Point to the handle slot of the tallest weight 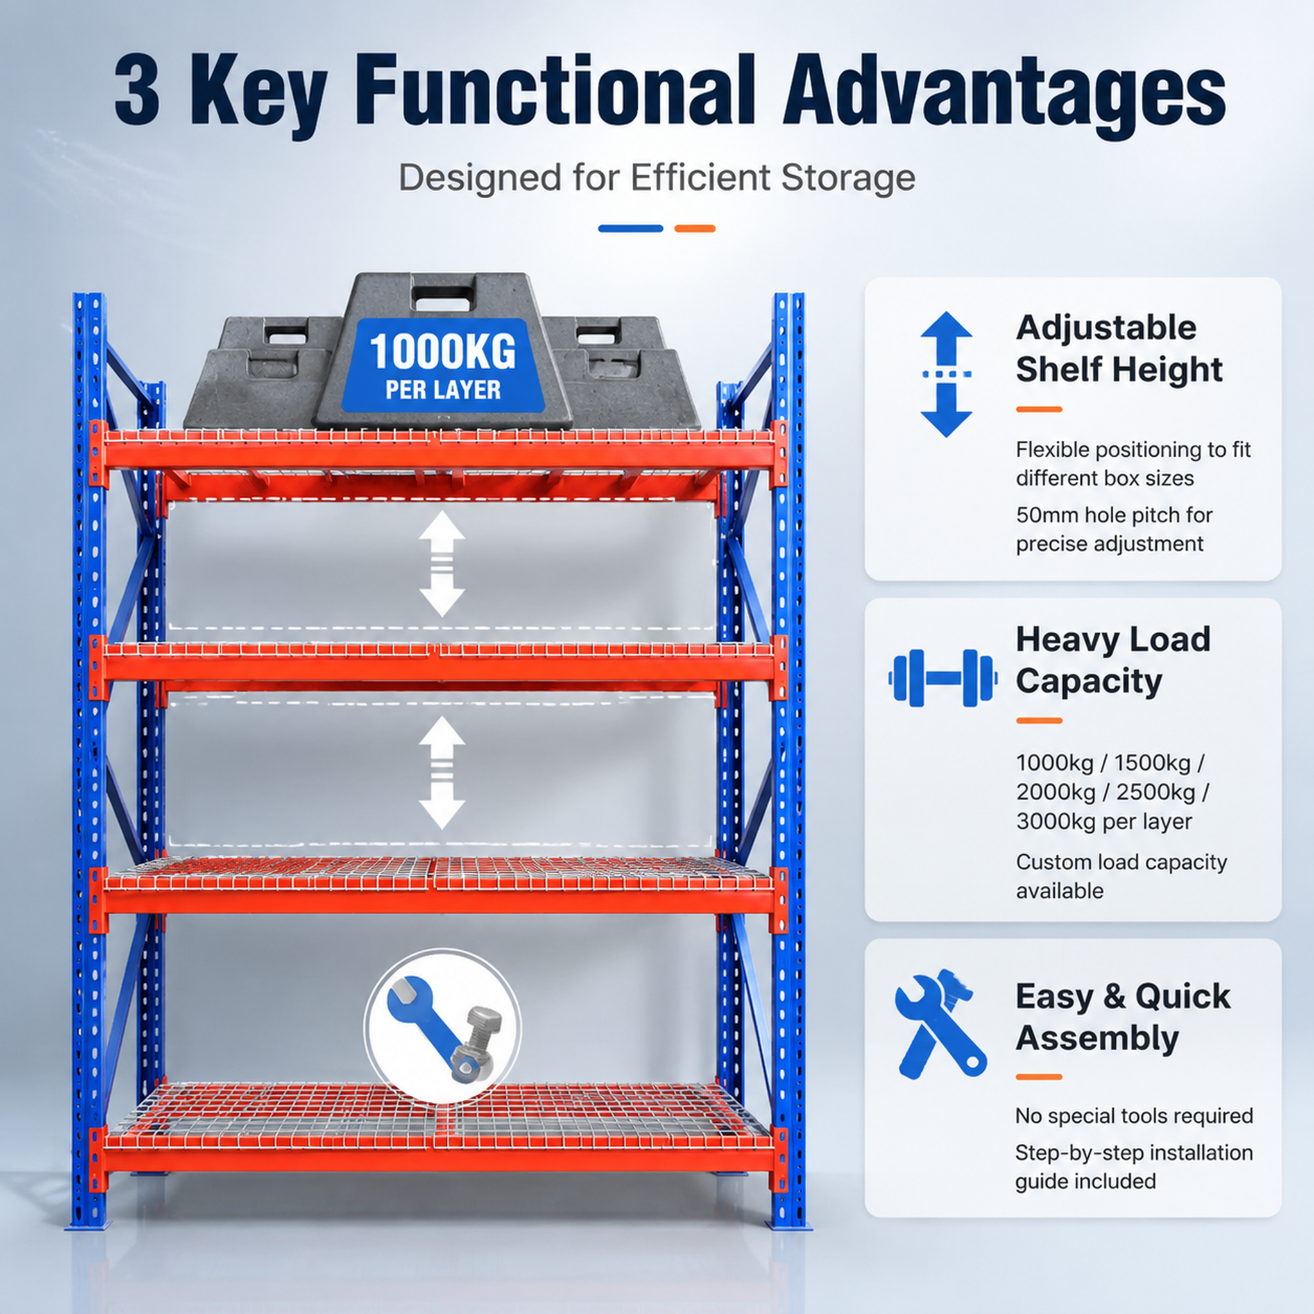click(x=443, y=297)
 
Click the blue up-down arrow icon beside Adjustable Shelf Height click(x=946, y=374)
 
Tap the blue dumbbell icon click(x=943, y=678)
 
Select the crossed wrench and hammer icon click(x=941, y=1024)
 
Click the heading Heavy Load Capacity click(x=1113, y=660)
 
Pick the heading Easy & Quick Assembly click(x=1123, y=1017)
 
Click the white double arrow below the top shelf click(x=442, y=564)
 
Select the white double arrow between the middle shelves click(x=442, y=772)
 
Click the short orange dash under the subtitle click(x=694, y=228)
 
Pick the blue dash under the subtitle click(x=631, y=228)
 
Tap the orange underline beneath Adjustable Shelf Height click(x=1039, y=409)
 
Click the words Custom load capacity click(x=1122, y=862)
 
